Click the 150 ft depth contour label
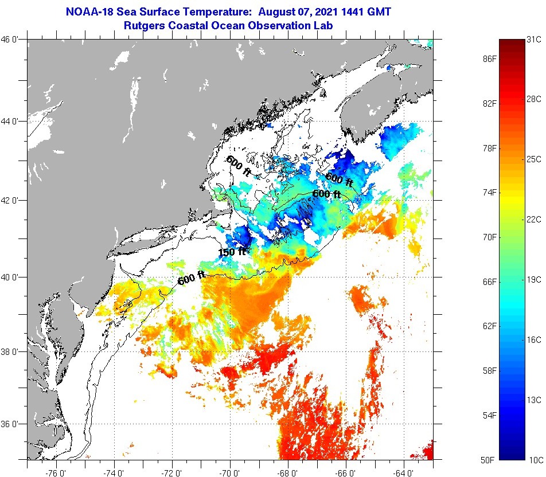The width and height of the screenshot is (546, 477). (x=232, y=251)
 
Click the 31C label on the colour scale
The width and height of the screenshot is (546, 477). (x=534, y=39)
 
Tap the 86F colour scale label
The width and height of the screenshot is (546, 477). (x=489, y=59)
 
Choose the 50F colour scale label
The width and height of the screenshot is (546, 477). (x=489, y=459)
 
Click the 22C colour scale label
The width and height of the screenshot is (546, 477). (x=534, y=219)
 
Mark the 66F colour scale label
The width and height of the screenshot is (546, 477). (x=489, y=281)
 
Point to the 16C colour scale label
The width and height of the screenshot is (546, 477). (x=534, y=339)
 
